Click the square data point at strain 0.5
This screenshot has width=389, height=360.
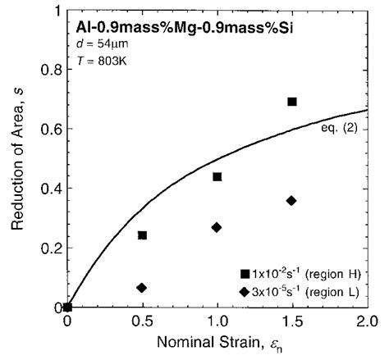(x=142, y=235)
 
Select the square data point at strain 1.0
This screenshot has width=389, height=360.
(x=217, y=177)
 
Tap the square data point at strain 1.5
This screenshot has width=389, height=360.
(x=292, y=102)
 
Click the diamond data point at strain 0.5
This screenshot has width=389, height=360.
(x=142, y=288)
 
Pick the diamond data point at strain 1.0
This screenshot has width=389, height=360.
(x=217, y=227)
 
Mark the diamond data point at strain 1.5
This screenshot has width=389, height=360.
(x=292, y=200)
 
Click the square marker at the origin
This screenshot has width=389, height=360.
(x=67, y=308)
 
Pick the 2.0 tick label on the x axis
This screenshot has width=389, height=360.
(x=367, y=323)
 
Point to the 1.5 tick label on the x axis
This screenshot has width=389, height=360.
(x=292, y=323)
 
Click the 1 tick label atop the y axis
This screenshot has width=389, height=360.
(x=54, y=11)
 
